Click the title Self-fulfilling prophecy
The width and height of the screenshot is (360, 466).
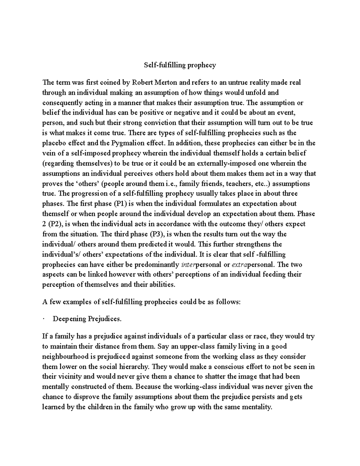coord(180,65)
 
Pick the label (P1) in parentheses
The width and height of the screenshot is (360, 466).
coord(120,204)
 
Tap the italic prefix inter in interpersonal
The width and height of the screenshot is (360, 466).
coord(188,265)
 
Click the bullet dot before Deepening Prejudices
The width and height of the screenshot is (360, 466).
coord(44,319)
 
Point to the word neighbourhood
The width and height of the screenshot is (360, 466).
coord(64,357)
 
